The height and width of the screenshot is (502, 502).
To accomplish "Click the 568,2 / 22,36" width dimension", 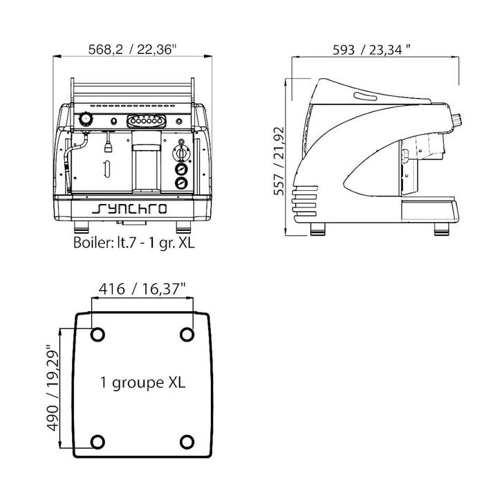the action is click(132, 50).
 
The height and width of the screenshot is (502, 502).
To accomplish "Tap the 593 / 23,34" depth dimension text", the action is click(371, 50).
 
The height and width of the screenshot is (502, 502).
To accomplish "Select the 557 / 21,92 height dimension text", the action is click(279, 161).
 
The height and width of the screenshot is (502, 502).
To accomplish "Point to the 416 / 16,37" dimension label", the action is click(142, 289).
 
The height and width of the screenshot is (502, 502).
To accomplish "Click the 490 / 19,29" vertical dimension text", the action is click(53, 387).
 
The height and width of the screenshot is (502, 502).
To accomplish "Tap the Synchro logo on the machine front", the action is click(129, 208).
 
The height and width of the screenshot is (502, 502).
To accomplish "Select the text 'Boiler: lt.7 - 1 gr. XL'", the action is click(134, 243).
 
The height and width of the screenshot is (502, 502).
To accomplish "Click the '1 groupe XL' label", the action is click(143, 382).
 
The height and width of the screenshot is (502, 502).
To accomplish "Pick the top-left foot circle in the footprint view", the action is click(97, 335).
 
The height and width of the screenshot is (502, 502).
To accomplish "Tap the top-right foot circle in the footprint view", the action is click(187, 335).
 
